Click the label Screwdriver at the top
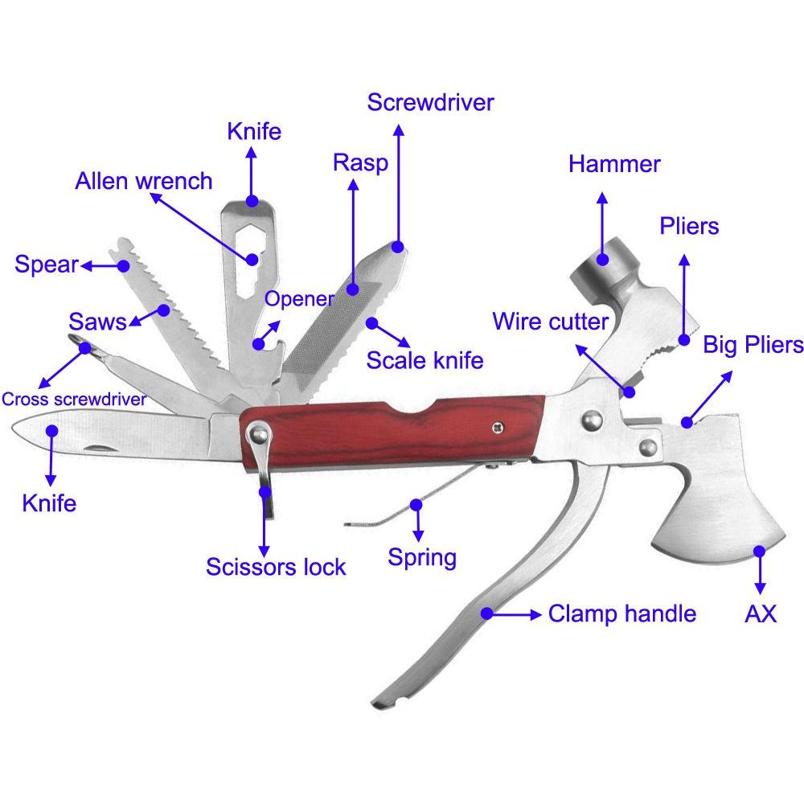coord(430,103)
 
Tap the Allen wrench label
coord(144,181)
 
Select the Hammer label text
coord(614,164)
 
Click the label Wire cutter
coord(550,322)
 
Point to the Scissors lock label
coord(276,567)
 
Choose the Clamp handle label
coord(622,613)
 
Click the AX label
coord(761,613)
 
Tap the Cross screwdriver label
coord(74,400)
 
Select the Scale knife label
coord(425,360)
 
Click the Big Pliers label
coord(753,345)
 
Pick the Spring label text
coord(422,557)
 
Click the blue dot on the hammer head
coord(603,260)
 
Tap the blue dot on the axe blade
coord(760,552)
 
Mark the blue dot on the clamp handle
coord(486,613)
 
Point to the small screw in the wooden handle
coord(497,427)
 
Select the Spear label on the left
coord(47,265)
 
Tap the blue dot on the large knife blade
coord(51,431)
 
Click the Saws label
coord(97,322)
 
